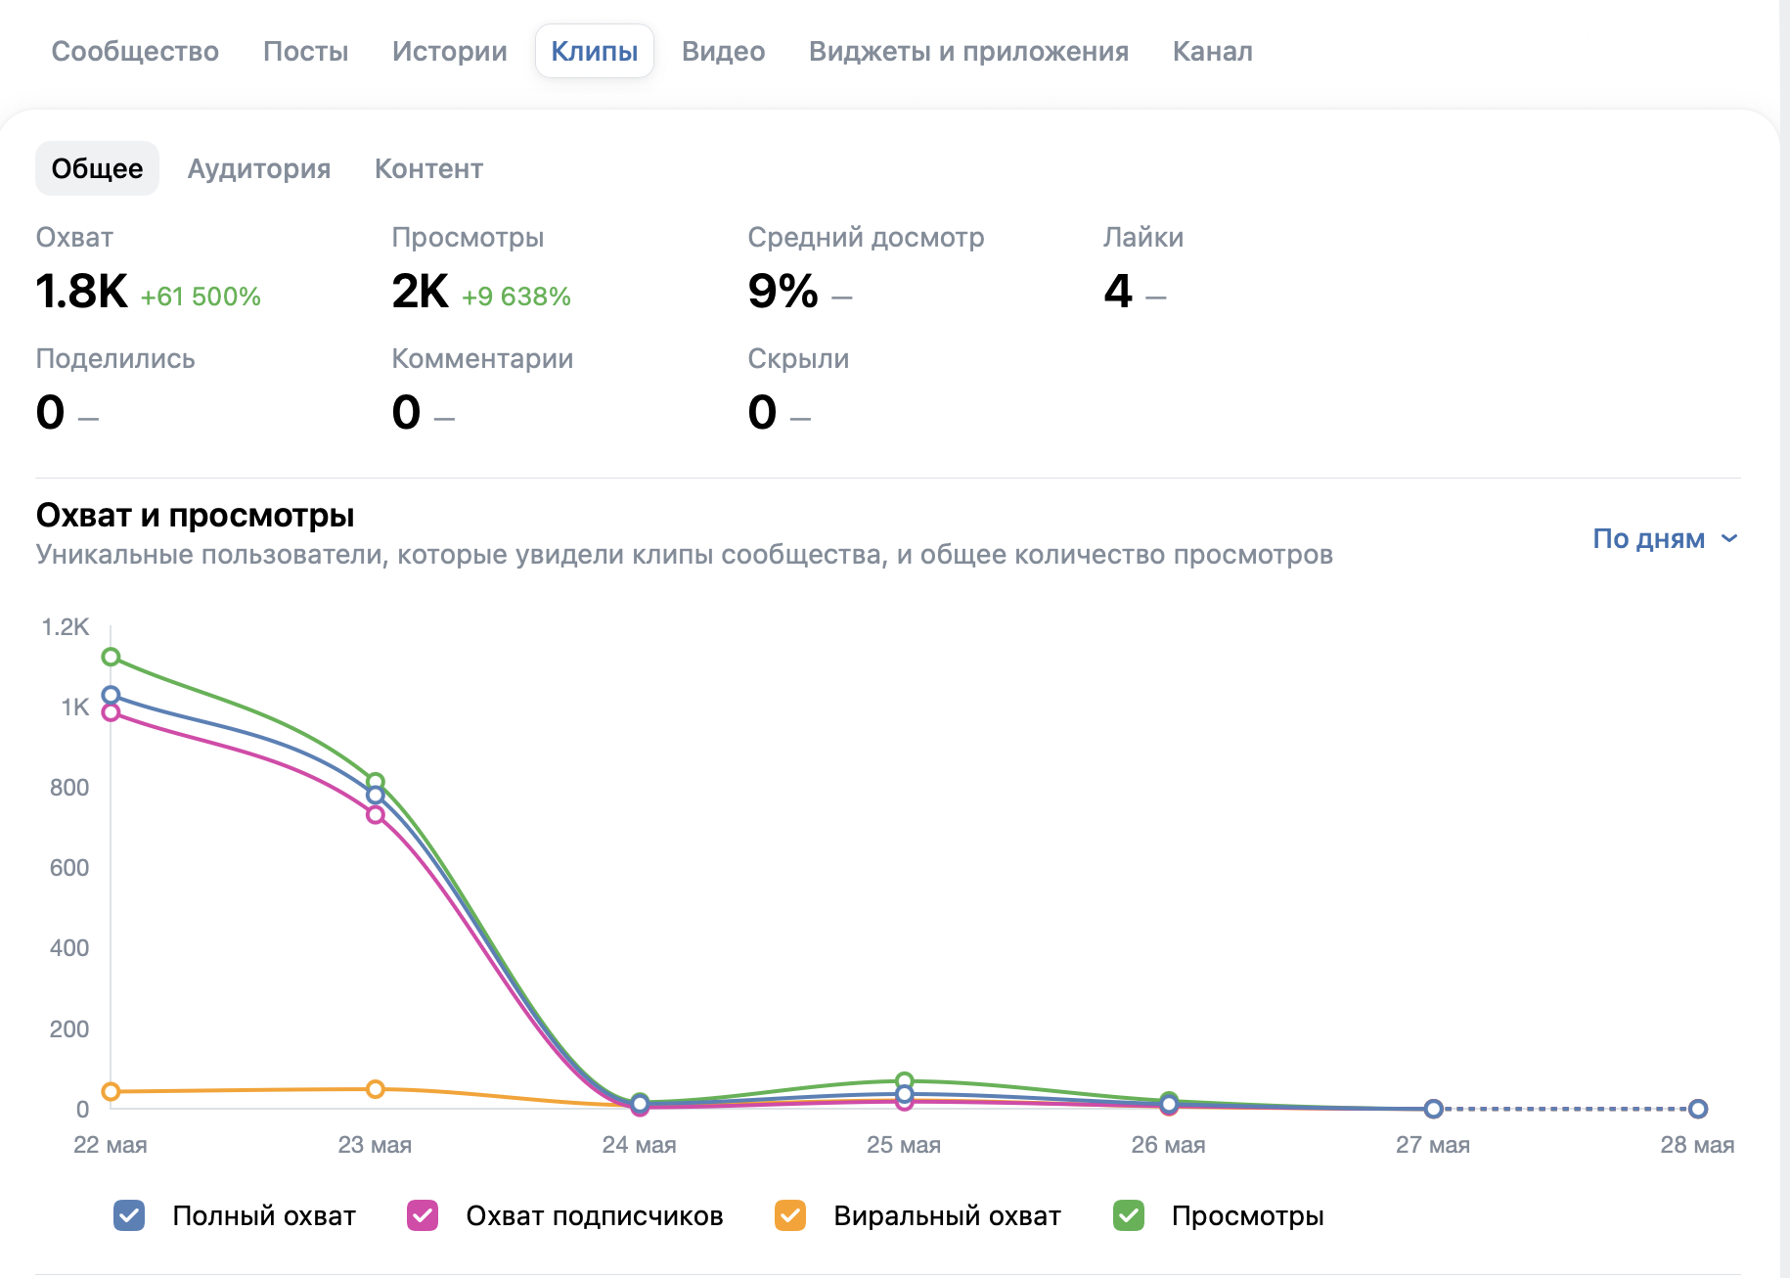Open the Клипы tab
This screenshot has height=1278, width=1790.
594,51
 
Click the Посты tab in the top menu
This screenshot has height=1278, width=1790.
305,51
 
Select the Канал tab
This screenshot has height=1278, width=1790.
1212,51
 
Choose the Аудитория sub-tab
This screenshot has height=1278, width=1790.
259,168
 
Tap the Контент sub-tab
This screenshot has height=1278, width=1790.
428,168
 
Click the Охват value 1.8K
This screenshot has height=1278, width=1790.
81,291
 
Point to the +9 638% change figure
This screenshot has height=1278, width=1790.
516,297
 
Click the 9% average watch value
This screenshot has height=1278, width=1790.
783,291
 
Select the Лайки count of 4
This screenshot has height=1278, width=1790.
1118,291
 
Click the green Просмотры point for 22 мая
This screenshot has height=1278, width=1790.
111,657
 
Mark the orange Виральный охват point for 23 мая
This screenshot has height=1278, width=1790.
376,1089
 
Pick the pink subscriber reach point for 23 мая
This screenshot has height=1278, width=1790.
376,814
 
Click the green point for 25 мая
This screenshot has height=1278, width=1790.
905,1081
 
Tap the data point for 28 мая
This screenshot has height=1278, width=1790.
1698,1109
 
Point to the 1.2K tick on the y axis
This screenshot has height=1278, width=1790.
66,626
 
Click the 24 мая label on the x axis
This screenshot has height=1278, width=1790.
640,1145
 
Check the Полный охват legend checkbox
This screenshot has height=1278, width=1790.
129,1215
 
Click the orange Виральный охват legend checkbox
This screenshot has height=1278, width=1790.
790,1215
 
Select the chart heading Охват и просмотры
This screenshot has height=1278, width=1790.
195,515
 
